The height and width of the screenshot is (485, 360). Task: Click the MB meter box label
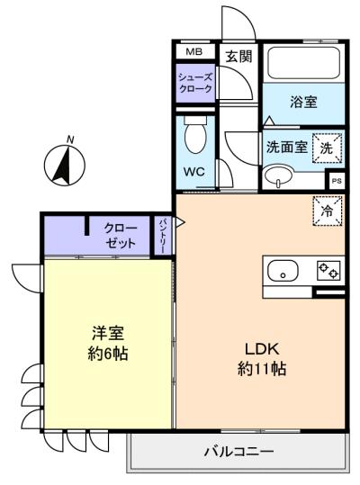(193, 52)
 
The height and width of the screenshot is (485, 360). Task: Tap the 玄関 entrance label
(238, 57)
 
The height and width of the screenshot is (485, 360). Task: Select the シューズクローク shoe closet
(195, 83)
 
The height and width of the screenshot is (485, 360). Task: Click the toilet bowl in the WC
(194, 135)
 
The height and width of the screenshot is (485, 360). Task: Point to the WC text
(194, 171)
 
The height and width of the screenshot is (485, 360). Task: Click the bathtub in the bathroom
(303, 63)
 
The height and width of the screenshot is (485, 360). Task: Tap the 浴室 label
(303, 102)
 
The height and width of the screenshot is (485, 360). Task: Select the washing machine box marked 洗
(328, 148)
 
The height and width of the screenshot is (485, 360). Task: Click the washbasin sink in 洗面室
(278, 176)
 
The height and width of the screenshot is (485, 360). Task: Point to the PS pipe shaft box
(337, 181)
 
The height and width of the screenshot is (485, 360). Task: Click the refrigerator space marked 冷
(328, 211)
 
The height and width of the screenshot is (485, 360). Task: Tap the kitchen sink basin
(283, 270)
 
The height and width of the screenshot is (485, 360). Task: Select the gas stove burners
(328, 270)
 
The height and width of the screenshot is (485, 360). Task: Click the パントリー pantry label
(163, 236)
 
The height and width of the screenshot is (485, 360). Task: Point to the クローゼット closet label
(121, 236)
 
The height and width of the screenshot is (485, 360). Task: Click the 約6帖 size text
(108, 354)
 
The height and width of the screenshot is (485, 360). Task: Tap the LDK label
(262, 349)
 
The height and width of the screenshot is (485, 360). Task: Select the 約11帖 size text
(262, 368)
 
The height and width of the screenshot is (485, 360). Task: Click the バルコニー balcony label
(238, 452)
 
